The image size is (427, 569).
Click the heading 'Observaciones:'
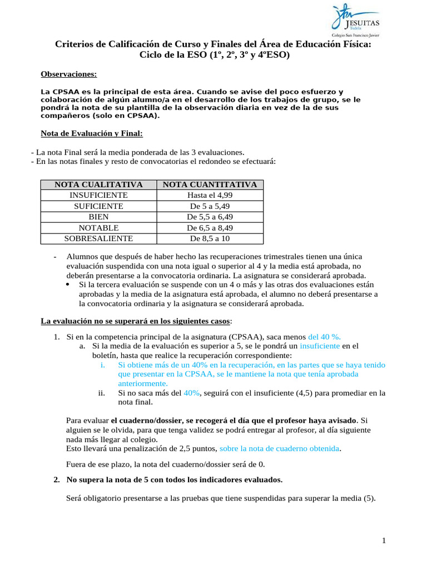[x=69, y=74]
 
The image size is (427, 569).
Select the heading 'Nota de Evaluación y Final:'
[x=92, y=133]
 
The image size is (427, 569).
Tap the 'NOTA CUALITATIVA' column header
[x=98, y=185]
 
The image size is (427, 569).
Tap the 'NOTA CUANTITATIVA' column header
[x=210, y=185]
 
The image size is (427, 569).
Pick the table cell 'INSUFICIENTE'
[x=98, y=196]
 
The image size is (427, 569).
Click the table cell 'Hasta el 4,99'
[x=210, y=196]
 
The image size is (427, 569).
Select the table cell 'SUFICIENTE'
[x=98, y=206]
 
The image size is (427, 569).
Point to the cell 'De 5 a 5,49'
[x=210, y=206]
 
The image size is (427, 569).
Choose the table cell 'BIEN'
[x=98, y=217]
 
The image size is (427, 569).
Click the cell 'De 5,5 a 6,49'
[x=210, y=217]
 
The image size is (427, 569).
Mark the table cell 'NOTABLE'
[x=98, y=228]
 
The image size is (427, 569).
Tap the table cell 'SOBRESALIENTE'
[x=98, y=238]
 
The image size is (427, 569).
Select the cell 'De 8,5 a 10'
[x=210, y=238]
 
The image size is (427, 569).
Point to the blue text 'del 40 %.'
[x=324, y=337]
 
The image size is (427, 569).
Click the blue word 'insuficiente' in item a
[x=320, y=346]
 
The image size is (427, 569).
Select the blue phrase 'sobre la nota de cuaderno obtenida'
[x=280, y=448]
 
